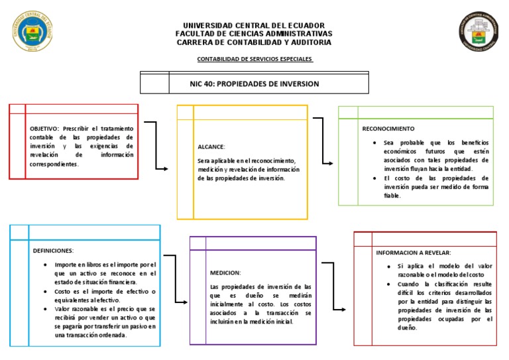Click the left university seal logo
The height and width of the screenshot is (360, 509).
point(35,32)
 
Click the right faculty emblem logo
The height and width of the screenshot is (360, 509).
point(477,32)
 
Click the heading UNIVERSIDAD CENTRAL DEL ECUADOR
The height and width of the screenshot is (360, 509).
point(254,25)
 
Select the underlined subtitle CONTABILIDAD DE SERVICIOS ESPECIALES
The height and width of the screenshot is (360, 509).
point(255,59)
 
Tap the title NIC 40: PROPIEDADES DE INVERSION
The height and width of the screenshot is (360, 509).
point(254,84)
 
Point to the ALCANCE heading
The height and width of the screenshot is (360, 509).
point(211,147)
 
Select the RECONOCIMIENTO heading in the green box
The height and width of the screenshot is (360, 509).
point(388,128)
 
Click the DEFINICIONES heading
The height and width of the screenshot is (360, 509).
point(53,251)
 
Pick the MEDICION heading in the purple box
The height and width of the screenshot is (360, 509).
point(225,272)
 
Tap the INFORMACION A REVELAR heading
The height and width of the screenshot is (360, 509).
point(414,253)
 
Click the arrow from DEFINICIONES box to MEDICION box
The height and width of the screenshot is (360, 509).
point(176,278)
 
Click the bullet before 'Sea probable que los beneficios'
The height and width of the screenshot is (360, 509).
point(375,143)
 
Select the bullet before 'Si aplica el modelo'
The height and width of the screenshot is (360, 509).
point(390,266)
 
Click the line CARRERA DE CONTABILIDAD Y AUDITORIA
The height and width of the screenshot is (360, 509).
point(254,42)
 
